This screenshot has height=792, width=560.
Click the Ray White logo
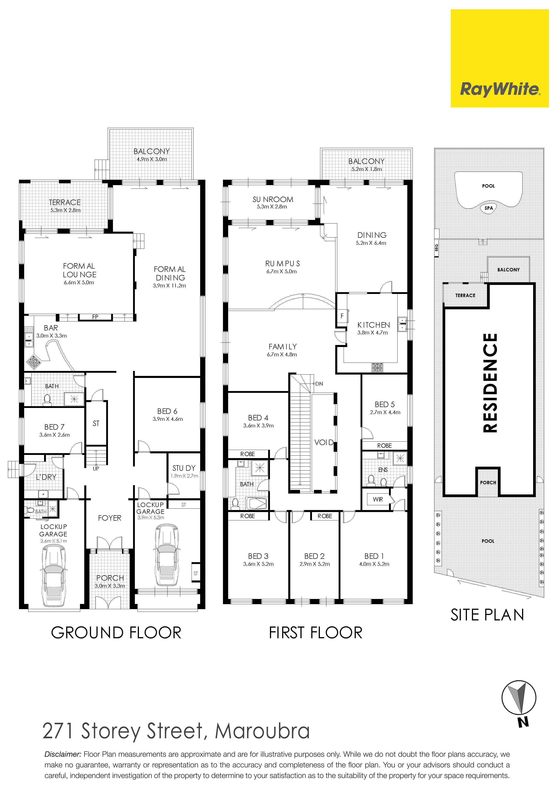(500, 58)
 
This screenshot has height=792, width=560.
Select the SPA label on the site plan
(489, 208)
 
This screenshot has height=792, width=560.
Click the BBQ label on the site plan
(436, 248)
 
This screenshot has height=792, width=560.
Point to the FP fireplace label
(95, 317)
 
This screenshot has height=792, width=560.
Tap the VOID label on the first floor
(324, 442)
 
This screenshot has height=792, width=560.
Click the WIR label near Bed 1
(378, 499)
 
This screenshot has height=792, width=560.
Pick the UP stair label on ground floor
(96, 468)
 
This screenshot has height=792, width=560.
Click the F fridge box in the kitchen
(342, 316)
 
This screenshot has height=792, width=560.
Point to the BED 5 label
(385, 404)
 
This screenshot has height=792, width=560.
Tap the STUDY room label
(184, 468)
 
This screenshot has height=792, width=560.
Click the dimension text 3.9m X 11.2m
(169, 286)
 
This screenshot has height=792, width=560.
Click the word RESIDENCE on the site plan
(490, 383)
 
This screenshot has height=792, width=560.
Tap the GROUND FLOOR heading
(116, 633)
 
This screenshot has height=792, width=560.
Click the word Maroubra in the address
(262, 731)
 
